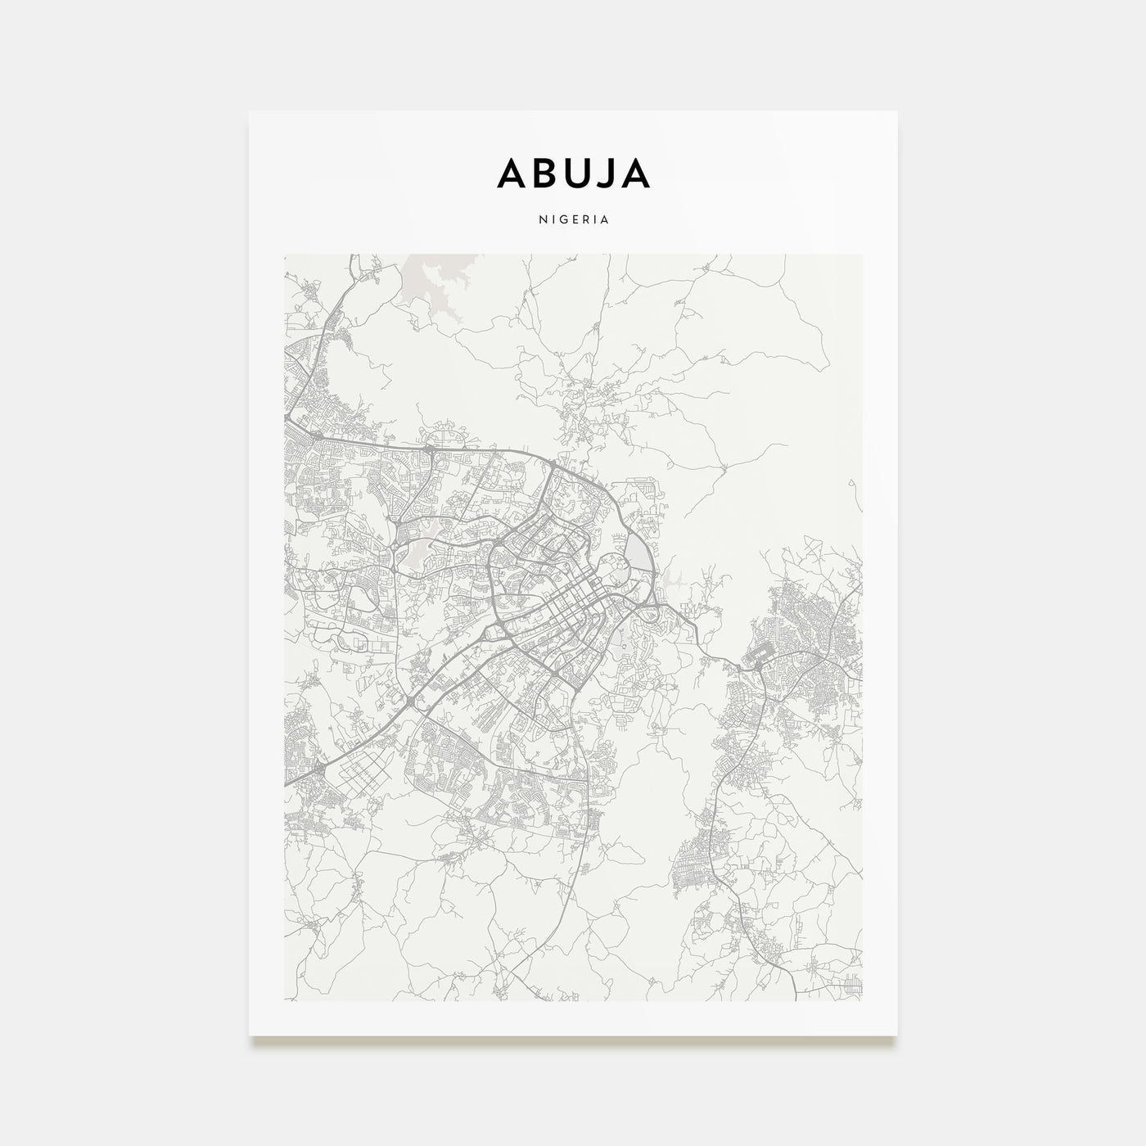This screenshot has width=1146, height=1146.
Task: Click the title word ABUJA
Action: point(573,173)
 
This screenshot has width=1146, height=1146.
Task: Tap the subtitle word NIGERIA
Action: point(573,220)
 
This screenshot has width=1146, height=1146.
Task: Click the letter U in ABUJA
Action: point(570,173)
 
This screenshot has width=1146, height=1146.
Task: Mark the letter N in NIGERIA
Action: point(541,220)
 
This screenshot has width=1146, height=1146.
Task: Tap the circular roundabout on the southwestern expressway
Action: point(408,702)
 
